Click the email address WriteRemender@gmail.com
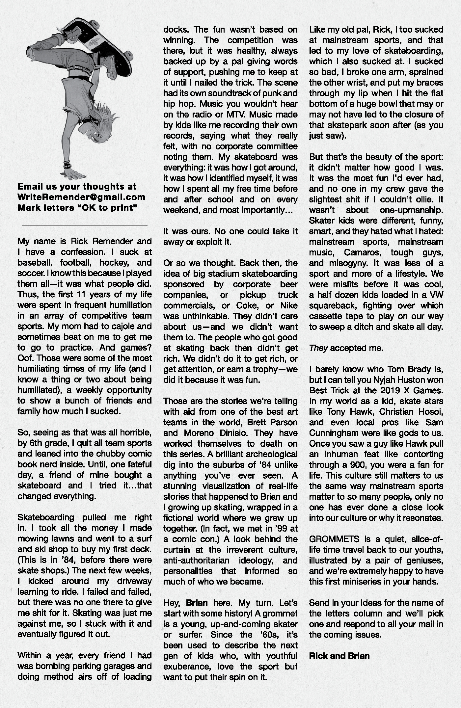click(x=81, y=197)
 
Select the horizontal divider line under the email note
click(x=84, y=225)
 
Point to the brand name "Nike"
click(x=289, y=305)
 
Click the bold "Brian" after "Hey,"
click(x=197, y=603)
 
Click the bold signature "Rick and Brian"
click(x=339, y=656)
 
